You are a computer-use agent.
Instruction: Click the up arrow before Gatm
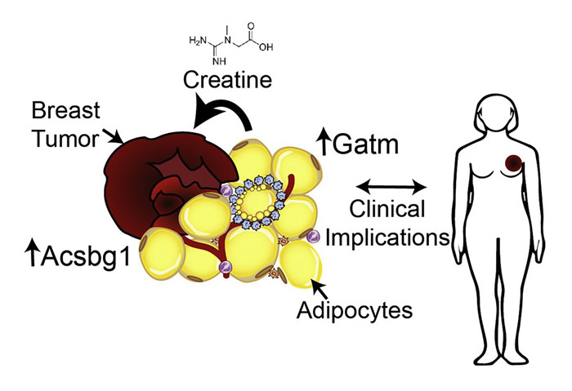324,145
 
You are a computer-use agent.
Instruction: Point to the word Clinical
388,210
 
